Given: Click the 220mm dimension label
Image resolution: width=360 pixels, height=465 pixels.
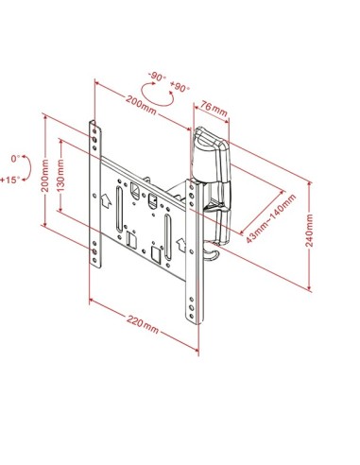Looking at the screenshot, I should (x=143, y=325).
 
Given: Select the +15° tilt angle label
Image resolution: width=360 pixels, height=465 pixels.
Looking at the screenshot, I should (x=13, y=177).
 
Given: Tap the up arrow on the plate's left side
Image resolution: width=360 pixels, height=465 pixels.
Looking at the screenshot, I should (x=111, y=199).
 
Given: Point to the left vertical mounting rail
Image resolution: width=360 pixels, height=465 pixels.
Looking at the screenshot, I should (x=96, y=194).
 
